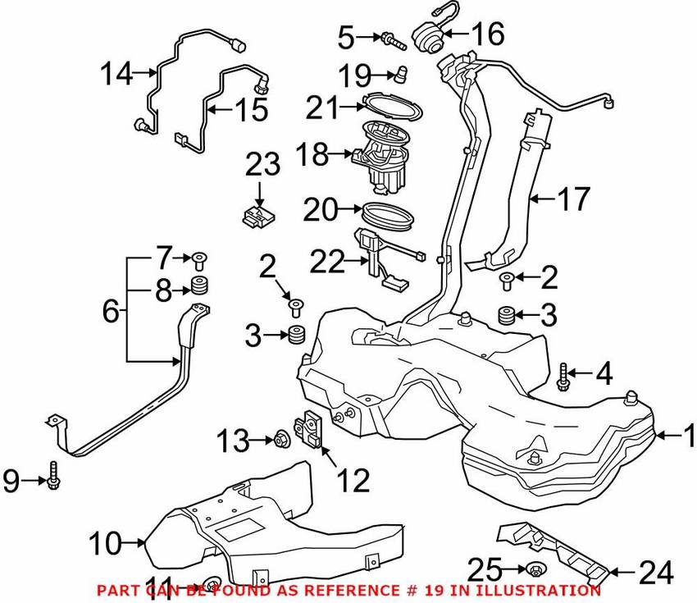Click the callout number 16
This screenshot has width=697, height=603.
488,34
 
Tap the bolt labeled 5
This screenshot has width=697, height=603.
394,40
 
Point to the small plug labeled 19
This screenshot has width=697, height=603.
402,74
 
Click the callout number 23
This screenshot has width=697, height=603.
262,165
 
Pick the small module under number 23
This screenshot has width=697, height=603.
258,215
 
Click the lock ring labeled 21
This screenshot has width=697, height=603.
391,107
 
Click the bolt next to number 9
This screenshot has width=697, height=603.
53,474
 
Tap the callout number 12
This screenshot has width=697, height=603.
353,480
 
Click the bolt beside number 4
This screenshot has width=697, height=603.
563,377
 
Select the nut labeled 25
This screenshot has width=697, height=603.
536,569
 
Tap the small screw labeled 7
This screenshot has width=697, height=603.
199,260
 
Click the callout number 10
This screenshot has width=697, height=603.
105,543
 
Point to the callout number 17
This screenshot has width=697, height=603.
574,199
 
